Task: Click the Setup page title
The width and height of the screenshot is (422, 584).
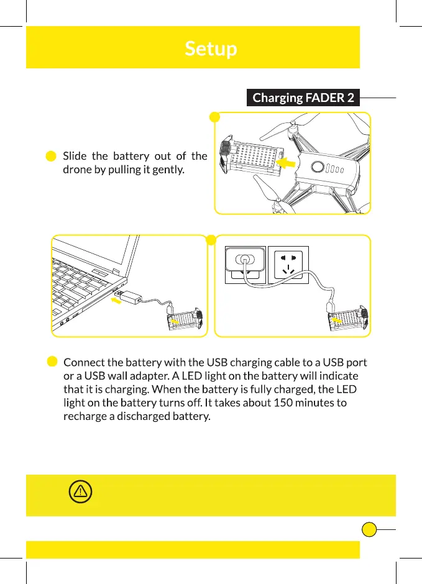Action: [211, 48]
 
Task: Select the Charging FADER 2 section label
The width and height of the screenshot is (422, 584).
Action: [303, 98]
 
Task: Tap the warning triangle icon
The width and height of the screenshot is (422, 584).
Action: [80, 492]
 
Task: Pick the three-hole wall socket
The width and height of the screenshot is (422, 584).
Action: [288, 265]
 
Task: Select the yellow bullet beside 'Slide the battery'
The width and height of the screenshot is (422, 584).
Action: [52, 156]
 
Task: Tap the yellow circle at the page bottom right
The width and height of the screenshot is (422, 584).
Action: [369, 530]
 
